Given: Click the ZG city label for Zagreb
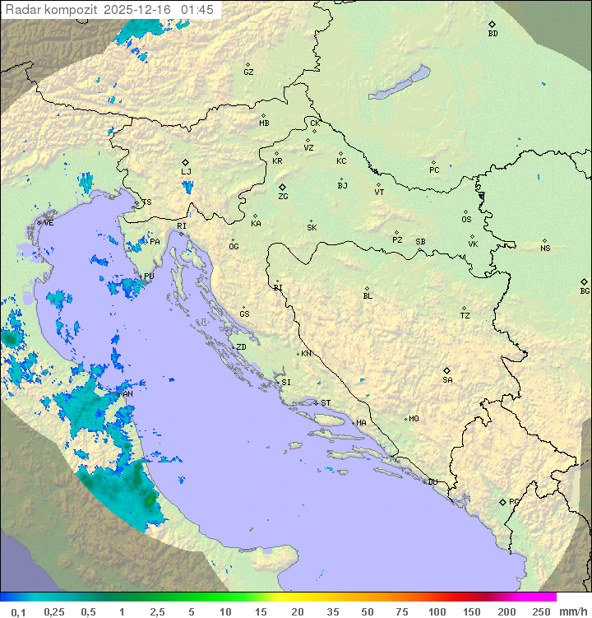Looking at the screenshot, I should tap(283, 197).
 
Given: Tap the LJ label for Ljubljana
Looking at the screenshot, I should tap(186, 171).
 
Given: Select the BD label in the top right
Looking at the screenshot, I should tap(493, 34).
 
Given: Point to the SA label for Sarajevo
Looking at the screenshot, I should tap(447, 379).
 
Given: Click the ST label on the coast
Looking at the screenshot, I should tap(326, 403).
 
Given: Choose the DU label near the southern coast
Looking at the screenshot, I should tap(432, 482).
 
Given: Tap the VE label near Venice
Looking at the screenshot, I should tap(49, 222).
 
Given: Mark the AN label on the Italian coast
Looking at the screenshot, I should tap(127, 394).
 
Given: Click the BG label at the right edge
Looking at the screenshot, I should tap(585, 290).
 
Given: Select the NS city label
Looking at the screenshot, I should tap(545, 249).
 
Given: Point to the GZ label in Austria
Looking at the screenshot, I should tap(248, 72).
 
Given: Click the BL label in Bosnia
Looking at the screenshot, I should tap(368, 295).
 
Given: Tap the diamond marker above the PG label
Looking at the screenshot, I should tap(503, 501).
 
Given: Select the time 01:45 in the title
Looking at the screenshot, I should tap(198, 10).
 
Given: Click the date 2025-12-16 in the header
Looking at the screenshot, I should tap(138, 10).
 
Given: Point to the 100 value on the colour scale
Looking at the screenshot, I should tap(437, 611).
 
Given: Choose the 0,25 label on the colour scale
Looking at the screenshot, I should tap(54, 611).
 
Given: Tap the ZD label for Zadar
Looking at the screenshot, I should tap(241, 347).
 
